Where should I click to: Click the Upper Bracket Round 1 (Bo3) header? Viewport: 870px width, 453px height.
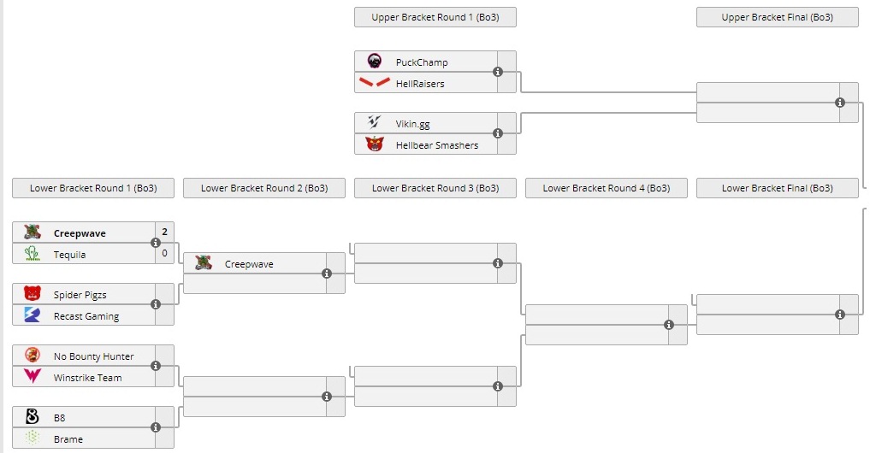pos(435,17)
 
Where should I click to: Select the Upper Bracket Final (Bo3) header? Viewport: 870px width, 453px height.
pos(777,17)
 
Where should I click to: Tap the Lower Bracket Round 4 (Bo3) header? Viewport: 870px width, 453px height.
pos(606,188)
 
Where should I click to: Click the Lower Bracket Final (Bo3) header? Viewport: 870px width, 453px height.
pos(777,188)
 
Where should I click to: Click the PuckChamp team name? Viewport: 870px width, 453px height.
pos(421,62)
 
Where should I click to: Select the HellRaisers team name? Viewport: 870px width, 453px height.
pos(419,84)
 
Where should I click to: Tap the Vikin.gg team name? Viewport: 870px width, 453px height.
pos(412,124)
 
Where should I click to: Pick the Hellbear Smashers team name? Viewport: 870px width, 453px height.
pos(436,145)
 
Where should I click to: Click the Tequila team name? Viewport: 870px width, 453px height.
pos(69,255)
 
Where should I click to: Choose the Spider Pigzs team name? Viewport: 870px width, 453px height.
pos(80,295)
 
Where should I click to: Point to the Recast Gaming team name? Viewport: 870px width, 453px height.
pos(86,316)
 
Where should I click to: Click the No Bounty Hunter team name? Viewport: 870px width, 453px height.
pos(93,356)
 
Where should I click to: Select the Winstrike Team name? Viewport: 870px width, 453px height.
pos(87,378)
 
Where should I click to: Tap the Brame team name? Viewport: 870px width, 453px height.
pos(68,439)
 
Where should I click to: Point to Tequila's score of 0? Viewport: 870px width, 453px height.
pos(164,254)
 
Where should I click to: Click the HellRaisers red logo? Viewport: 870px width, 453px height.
pos(374,83)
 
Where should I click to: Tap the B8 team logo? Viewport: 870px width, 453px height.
pos(33,418)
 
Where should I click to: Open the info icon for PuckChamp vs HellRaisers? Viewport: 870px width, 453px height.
pos(498,72)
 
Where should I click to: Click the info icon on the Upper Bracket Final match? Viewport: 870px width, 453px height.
pos(840,103)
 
